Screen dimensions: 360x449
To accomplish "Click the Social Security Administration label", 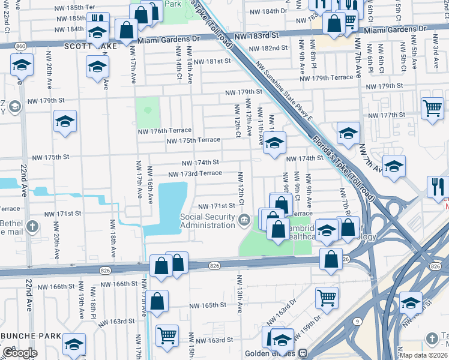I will coord(208,221).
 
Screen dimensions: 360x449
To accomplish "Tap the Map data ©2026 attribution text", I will coord(422,355).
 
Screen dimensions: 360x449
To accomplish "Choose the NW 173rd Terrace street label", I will coord(195,173).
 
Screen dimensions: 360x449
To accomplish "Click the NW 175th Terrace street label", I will coord(193,140).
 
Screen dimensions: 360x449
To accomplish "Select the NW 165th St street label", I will coord(208,305).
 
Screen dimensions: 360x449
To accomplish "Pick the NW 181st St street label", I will coord(215,61).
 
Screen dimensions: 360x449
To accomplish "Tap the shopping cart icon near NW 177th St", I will coord(432,109).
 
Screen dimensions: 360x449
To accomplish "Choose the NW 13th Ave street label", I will coord(240,295).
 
